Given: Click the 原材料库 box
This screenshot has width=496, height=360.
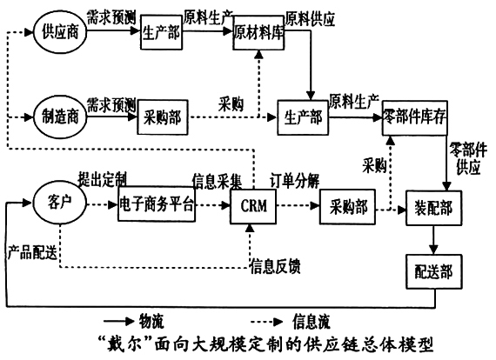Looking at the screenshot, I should (x=258, y=34).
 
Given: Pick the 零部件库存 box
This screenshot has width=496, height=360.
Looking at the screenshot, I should (x=414, y=117).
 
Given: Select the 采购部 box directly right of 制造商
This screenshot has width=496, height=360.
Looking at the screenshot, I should (x=161, y=117).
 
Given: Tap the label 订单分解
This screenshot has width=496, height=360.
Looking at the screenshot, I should (x=294, y=180).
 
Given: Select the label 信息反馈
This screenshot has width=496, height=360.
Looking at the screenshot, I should (x=276, y=265).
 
